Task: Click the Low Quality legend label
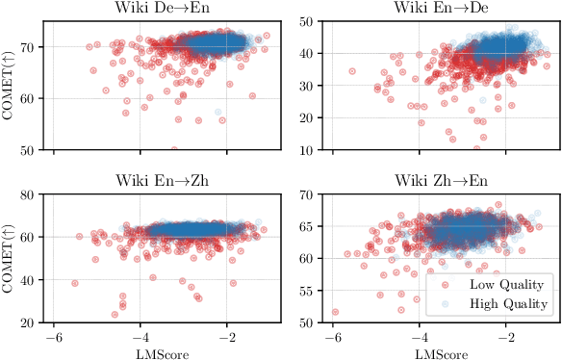[x=507, y=285]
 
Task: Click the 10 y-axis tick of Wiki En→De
[x=311, y=150]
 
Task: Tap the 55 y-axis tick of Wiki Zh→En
[x=311, y=323]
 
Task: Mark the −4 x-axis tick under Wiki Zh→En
[x=421, y=337]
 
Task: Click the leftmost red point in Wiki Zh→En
[x=335, y=312]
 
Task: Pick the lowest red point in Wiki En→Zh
[x=115, y=314]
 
